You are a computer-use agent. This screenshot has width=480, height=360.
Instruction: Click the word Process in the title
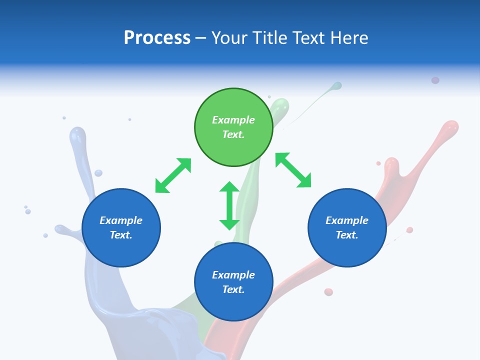pyautogui.click(x=157, y=38)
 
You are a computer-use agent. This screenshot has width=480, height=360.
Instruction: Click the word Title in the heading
pyautogui.click(x=270, y=38)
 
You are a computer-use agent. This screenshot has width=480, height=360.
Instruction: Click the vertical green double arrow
pyautogui.click(x=229, y=205)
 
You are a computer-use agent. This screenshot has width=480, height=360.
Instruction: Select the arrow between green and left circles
pyautogui.click(x=173, y=175)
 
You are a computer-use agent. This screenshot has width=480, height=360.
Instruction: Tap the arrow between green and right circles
pyautogui.click(x=293, y=170)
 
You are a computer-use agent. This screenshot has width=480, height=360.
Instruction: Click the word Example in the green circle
pyautogui.click(x=233, y=120)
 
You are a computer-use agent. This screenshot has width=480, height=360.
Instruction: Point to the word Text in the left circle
pyautogui.click(x=121, y=235)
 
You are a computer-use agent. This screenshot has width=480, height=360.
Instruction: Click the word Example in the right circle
pyautogui.click(x=347, y=220)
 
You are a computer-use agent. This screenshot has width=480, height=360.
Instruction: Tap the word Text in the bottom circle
pyautogui.click(x=233, y=289)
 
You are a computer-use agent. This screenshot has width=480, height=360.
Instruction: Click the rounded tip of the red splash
pyautogui.click(x=451, y=126)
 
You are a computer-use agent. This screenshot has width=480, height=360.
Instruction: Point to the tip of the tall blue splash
pyautogui.click(x=77, y=133)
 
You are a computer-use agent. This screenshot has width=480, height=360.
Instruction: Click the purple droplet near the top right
pyautogui.click(x=435, y=80)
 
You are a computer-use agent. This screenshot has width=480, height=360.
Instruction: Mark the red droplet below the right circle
pyautogui.click(x=328, y=292)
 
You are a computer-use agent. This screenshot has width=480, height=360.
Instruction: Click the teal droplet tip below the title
pyautogui.click(x=337, y=86)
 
